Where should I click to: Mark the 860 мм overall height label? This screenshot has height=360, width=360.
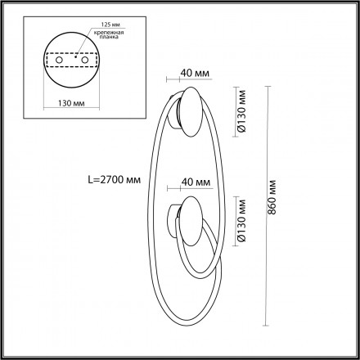click(x=279, y=197)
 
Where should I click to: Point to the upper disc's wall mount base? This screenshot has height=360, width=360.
click(x=173, y=115)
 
